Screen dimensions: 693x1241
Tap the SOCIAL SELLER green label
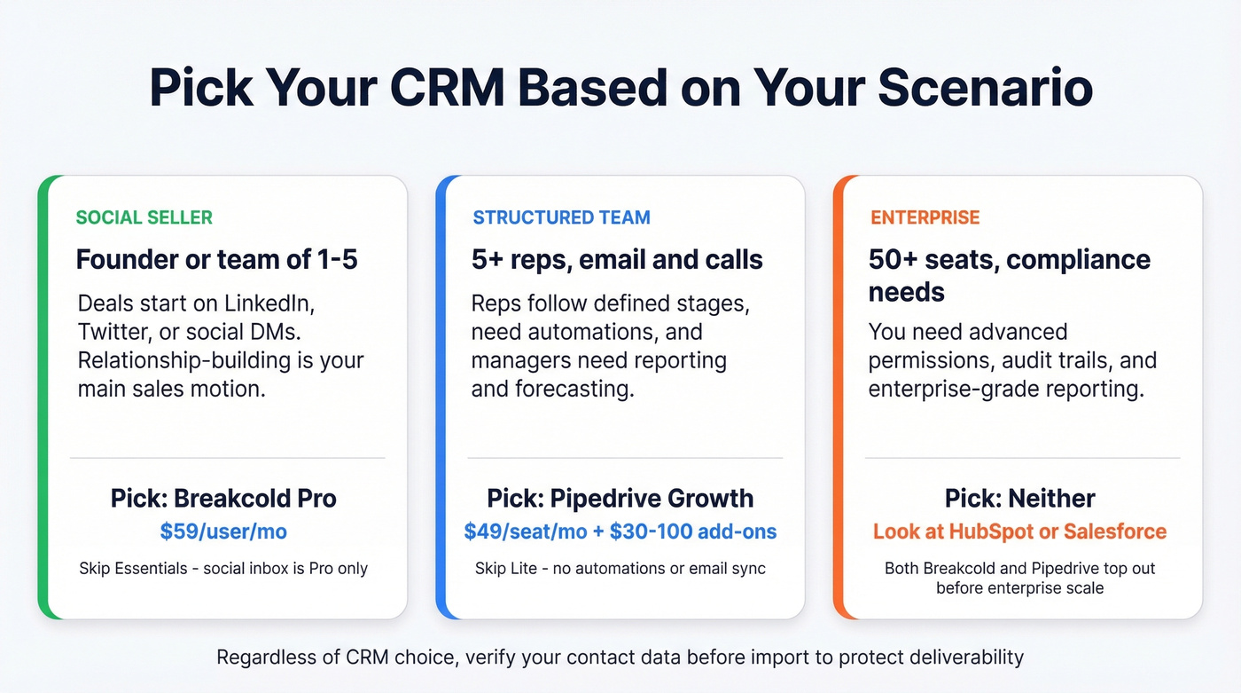(144, 217)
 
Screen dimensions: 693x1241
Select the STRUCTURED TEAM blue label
(561, 217)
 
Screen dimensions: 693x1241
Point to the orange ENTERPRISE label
(925, 217)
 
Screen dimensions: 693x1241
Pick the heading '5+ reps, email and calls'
(617, 260)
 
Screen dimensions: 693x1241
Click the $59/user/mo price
(223, 532)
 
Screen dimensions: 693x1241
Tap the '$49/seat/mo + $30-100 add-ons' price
(620, 532)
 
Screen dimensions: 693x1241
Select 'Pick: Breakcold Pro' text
(223, 498)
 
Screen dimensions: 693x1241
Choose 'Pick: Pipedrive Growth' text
(620, 498)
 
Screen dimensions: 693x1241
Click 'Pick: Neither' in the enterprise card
(1019, 498)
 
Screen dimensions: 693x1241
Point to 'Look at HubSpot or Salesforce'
(1019, 532)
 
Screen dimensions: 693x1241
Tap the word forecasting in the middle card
(579, 389)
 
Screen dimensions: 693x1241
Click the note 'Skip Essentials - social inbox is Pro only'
(223, 568)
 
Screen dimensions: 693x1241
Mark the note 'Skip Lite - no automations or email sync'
(620, 568)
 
